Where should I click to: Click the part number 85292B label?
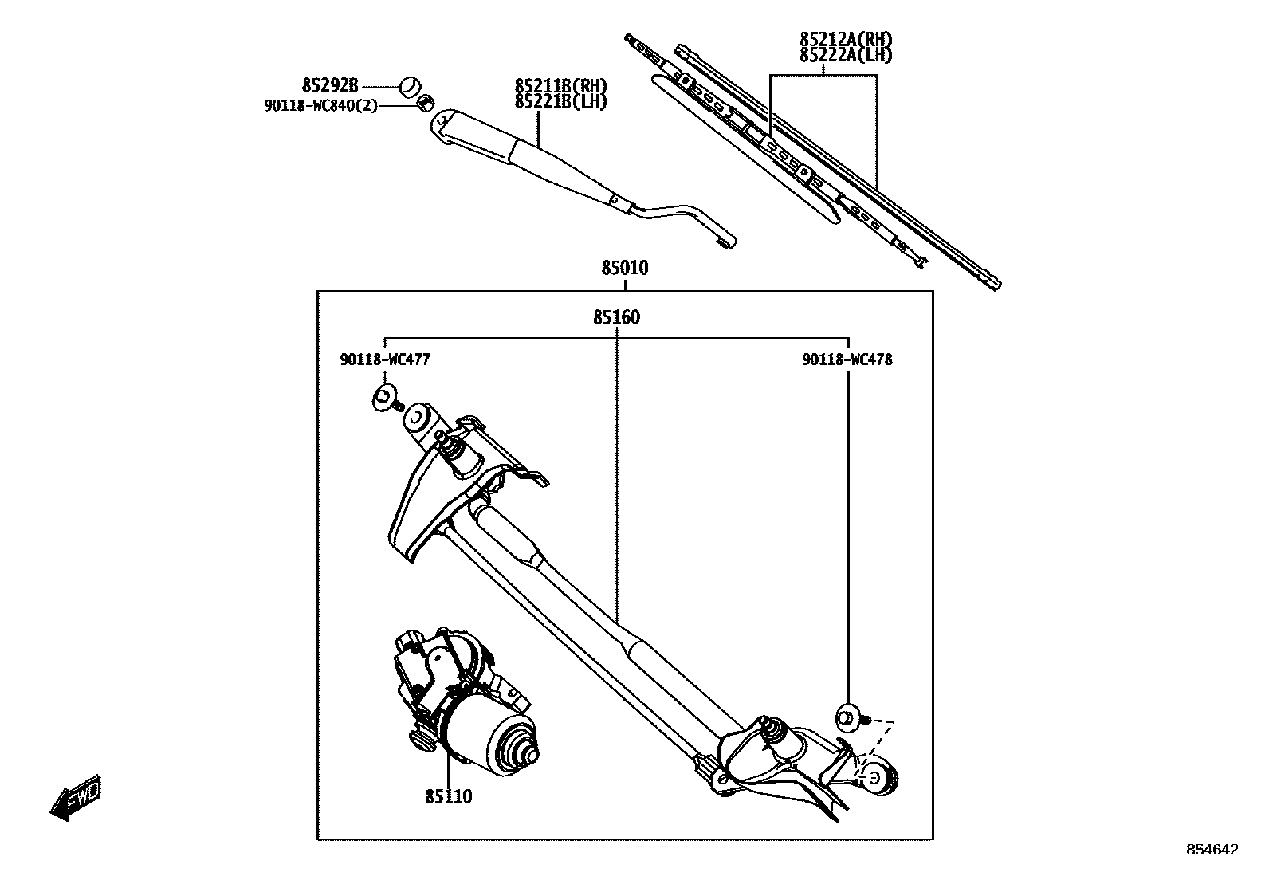(330, 85)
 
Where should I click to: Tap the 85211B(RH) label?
(560, 87)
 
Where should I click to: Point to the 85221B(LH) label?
(560, 102)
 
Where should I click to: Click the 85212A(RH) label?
(846, 40)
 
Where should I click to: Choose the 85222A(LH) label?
(846, 55)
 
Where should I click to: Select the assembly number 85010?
(625, 269)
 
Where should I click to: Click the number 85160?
(616, 317)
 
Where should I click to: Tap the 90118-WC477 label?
(385, 359)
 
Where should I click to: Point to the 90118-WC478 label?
(847, 359)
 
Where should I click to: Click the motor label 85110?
(448, 795)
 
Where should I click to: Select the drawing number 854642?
(1212, 850)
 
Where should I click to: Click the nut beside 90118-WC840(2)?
(426, 102)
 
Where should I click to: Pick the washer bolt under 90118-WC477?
(386, 397)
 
